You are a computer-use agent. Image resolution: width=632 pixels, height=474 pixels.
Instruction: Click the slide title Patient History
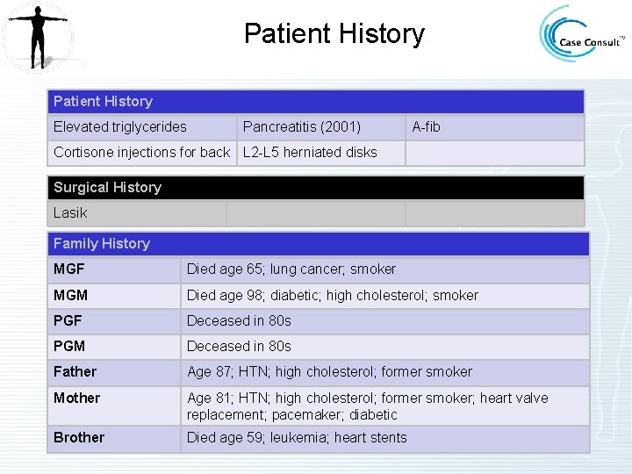334,34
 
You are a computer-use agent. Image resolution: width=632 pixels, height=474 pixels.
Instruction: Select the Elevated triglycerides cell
120,127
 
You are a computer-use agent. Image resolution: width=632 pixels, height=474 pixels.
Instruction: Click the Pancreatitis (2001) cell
301,127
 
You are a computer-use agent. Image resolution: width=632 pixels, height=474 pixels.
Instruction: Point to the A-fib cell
427,127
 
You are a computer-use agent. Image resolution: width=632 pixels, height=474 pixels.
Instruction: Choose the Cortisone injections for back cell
141,153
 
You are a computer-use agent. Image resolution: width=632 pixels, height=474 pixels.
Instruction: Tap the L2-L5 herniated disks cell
310,153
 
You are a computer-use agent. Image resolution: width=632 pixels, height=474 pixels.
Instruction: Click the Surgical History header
107,187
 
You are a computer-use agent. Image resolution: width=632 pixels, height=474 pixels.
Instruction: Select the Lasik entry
70,213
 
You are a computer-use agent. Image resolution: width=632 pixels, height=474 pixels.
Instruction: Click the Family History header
102,244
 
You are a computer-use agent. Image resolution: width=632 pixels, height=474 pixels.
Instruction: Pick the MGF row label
70,269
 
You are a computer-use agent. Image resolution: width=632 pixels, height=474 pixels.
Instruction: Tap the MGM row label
71,296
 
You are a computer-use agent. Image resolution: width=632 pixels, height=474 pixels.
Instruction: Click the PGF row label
68,321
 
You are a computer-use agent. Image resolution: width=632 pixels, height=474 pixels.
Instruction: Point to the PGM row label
69,347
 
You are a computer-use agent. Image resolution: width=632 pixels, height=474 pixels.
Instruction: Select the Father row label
75,372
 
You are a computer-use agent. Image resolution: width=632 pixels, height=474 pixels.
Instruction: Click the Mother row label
77,399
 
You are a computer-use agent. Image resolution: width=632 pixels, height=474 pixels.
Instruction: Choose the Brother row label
79,438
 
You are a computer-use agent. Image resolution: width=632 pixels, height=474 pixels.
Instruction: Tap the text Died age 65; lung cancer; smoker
291,269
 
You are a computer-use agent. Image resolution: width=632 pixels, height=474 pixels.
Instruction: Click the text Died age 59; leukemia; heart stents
297,438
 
